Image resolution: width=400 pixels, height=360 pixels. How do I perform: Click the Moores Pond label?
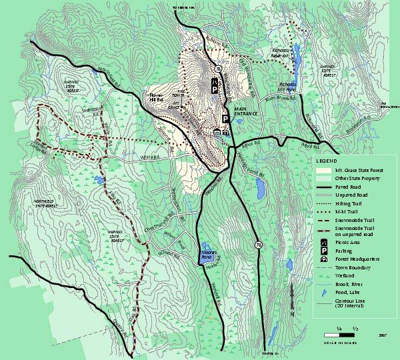[x=204, y=255]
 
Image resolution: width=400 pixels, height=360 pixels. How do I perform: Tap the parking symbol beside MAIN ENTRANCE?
[x=225, y=118]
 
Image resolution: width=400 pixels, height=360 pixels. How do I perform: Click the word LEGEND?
[x=327, y=161]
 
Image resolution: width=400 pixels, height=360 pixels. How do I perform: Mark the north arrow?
[x=292, y=301]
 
